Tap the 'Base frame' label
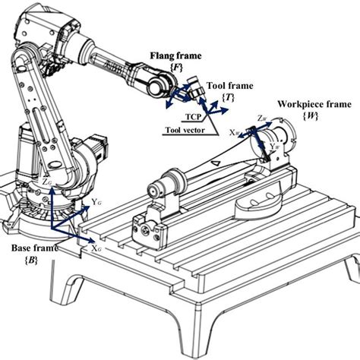tap(33, 248)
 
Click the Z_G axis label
tap(47, 182)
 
